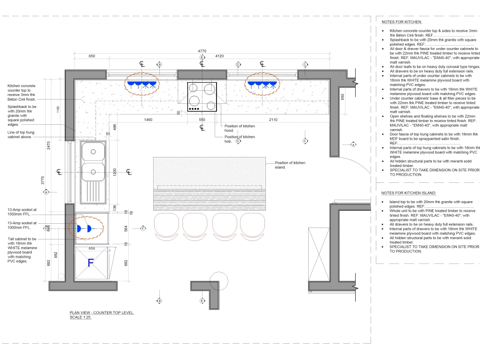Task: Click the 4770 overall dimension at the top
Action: coord(202,51)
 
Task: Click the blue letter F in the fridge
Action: coord(90,263)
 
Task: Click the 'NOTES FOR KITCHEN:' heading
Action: coord(402,22)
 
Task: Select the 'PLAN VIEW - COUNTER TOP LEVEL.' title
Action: coord(102,313)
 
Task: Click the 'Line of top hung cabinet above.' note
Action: coord(22,135)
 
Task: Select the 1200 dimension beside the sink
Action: coord(114,172)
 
